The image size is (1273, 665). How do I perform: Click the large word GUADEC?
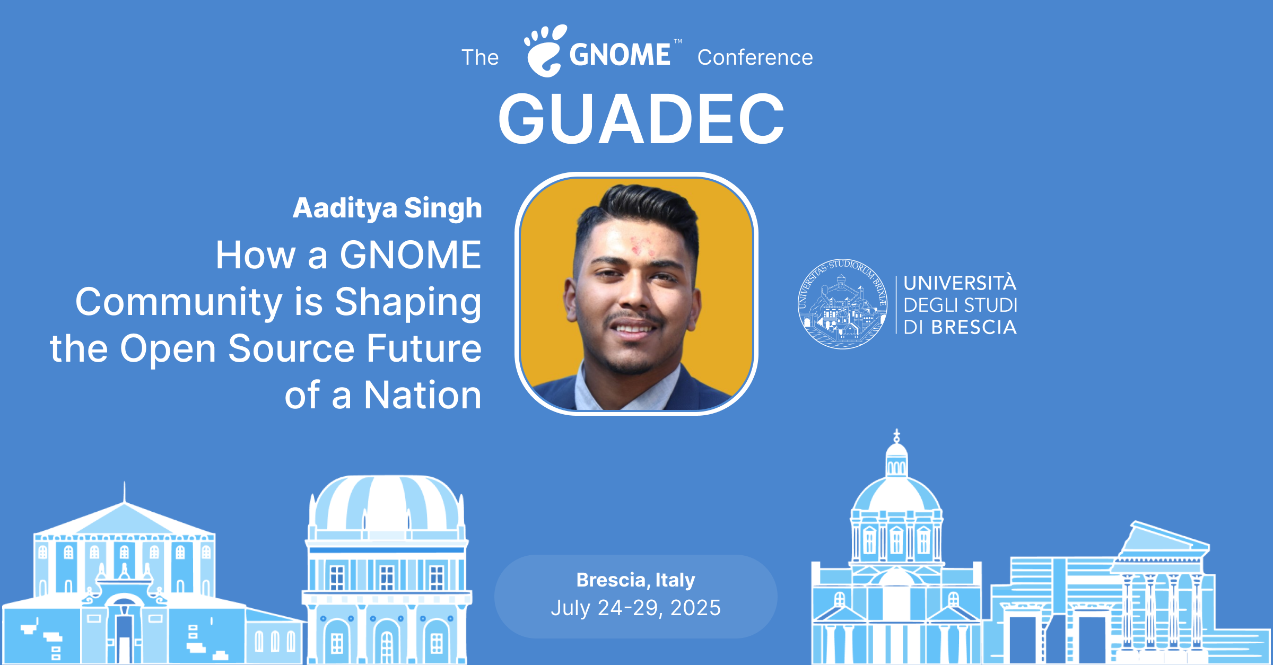pyautogui.click(x=641, y=119)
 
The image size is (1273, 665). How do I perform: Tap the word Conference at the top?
pyautogui.click(x=755, y=57)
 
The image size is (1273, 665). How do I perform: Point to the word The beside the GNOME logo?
pyautogui.click(x=480, y=57)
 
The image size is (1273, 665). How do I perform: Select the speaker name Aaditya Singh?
pyautogui.click(x=387, y=208)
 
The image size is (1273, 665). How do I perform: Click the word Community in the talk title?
pyautogui.click(x=179, y=302)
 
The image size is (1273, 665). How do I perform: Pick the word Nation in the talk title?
pyautogui.click(x=423, y=395)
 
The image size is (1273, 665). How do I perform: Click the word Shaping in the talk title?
pyautogui.click(x=408, y=302)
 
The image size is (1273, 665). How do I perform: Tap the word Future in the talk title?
pyautogui.click(x=424, y=348)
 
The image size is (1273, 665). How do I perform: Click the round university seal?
pyautogui.click(x=843, y=304)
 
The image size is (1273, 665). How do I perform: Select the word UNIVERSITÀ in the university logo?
pyautogui.click(x=960, y=282)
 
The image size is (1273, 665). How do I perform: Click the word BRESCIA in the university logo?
pyautogui.click(x=974, y=327)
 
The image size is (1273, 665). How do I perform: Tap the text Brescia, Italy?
pyautogui.click(x=635, y=580)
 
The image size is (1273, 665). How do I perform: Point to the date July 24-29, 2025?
pyautogui.click(x=635, y=608)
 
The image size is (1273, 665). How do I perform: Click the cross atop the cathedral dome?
pyautogui.click(x=896, y=436)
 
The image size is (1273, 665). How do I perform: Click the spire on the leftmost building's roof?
pyautogui.click(x=125, y=492)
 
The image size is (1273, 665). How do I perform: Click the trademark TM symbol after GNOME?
pyautogui.click(x=678, y=41)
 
